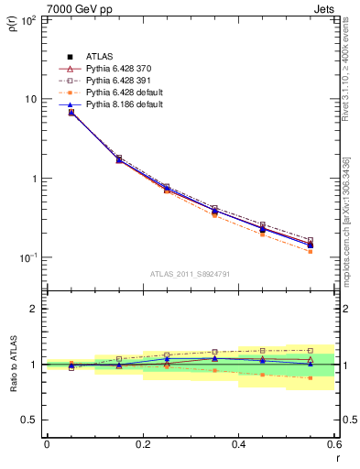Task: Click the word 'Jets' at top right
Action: (x=322, y=7)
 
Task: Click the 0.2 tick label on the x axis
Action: (x=143, y=445)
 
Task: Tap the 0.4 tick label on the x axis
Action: (x=239, y=445)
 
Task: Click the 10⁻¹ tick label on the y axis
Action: (x=27, y=258)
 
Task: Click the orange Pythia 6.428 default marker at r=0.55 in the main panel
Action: (x=311, y=251)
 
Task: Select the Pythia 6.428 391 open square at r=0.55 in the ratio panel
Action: (x=311, y=350)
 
